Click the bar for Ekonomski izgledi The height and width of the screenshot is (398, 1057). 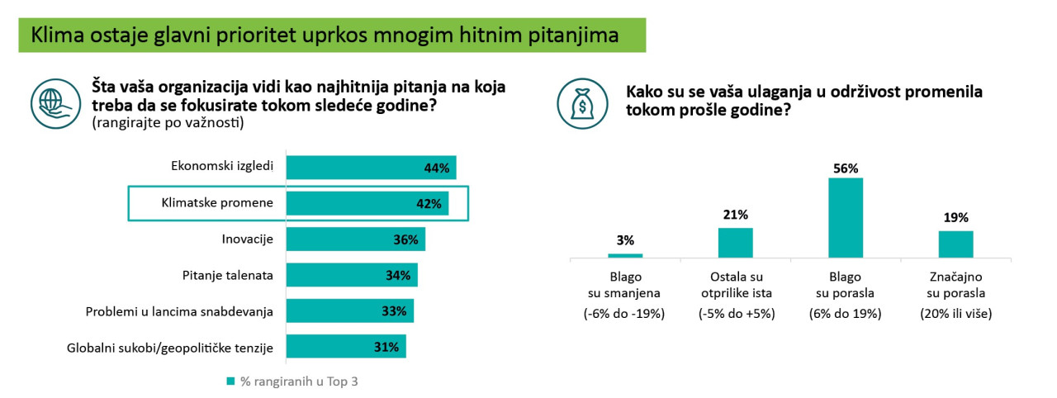(371, 168)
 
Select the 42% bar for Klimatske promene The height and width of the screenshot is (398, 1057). (367, 203)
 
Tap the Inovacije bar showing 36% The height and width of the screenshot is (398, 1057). (355, 239)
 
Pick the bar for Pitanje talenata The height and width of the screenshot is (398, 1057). (352, 275)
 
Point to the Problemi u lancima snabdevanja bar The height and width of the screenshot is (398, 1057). (349, 310)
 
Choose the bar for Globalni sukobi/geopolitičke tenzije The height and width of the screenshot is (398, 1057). (346, 347)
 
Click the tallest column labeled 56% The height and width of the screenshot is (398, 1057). (846, 218)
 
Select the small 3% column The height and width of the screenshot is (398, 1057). (625, 255)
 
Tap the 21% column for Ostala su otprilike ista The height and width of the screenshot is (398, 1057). (736, 243)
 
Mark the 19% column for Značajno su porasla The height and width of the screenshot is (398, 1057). (956, 244)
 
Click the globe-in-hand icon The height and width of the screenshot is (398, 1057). (52, 103)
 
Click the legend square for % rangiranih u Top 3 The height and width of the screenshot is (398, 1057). (230, 381)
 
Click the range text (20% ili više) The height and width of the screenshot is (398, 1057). (956, 314)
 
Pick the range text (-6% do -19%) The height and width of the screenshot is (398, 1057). (625, 314)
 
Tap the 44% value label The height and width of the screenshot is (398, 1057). (435, 168)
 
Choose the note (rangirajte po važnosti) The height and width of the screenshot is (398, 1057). (168, 123)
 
